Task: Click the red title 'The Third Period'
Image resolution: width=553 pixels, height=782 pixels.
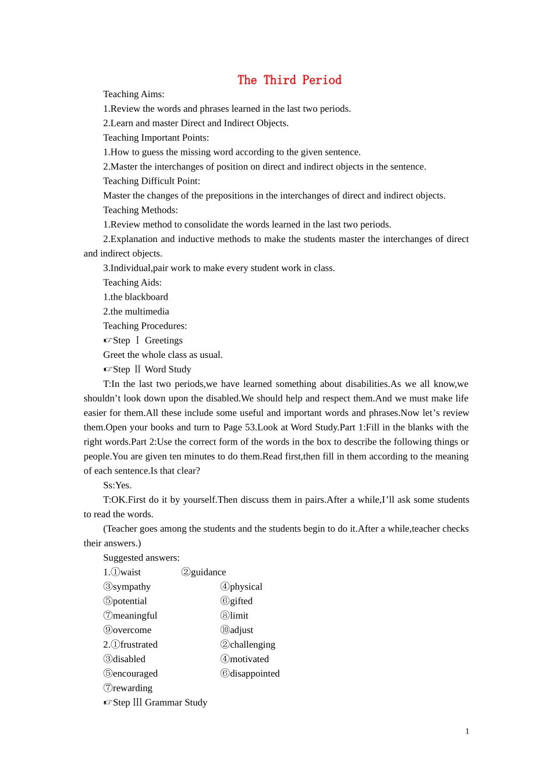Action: click(289, 80)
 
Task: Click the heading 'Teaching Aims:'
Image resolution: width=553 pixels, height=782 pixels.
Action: click(133, 94)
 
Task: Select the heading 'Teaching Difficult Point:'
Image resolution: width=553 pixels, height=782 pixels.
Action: click(151, 181)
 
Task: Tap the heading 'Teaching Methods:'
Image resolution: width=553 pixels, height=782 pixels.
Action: click(140, 210)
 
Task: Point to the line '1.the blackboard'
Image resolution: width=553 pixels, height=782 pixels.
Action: click(136, 297)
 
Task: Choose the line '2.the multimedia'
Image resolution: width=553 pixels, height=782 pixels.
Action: click(136, 311)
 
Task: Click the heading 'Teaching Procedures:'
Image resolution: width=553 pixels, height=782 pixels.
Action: click(145, 326)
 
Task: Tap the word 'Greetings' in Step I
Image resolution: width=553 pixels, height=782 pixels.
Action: click(164, 340)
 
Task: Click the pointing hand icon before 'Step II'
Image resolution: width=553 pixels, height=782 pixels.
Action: click(108, 369)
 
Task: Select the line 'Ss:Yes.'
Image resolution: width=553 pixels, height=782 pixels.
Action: click(118, 485)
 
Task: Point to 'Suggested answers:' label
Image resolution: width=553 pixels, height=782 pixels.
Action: click(141, 557)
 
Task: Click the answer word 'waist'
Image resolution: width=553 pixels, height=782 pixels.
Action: click(130, 572)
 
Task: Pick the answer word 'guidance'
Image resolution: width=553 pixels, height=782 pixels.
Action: click(208, 572)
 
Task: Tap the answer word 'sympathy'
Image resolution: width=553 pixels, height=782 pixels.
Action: click(132, 586)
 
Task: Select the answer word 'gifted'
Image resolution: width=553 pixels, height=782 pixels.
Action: click(241, 601)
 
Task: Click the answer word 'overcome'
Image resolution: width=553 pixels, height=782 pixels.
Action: click(132, 630)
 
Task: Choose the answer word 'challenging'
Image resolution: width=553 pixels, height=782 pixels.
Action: click(253, 645)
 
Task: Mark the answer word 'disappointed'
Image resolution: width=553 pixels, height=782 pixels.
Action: click(254, 673)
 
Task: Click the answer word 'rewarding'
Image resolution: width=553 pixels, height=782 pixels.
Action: click(133, 688)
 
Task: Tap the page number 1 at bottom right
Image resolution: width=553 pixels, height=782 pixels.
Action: click(467, 731)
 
